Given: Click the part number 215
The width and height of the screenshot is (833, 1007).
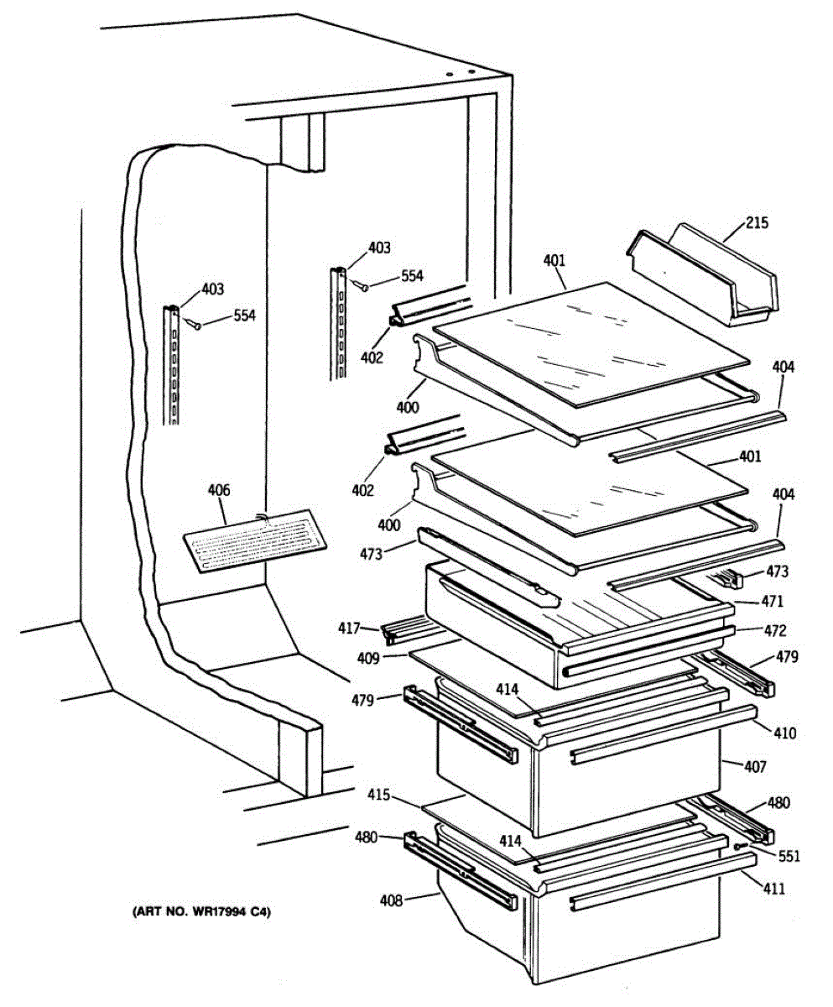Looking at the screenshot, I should click(757, 224).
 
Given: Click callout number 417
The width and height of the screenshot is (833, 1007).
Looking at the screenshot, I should click(350, 628).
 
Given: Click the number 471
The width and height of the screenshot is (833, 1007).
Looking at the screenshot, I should click(773, 602).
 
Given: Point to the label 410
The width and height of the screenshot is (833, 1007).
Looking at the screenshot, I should click(784, 733).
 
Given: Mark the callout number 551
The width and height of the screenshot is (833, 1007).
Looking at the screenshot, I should click(789, 857).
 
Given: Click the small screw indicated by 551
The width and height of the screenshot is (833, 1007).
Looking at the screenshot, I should click(737, 848).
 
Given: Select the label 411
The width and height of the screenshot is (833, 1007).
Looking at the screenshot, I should click(774, 888).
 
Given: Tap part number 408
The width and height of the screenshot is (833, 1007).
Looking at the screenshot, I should click(392, 900).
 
